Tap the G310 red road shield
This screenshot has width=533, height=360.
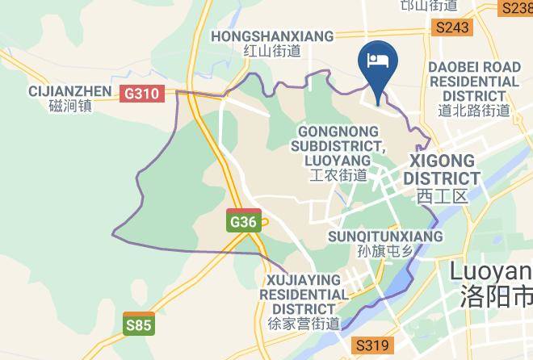tap(141, 94)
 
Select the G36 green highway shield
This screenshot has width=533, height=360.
tap(243, 221)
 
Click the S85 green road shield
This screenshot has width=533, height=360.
tap(138, 324)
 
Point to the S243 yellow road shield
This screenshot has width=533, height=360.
tap(451, 27)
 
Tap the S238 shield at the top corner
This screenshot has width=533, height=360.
tap(517, 7)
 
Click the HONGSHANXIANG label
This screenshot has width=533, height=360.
tap(272, 36)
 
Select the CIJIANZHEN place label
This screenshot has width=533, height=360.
tap(69, 90)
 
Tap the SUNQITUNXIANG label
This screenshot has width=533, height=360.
tap(385, 237)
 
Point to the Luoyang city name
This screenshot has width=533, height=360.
tap(490, 270)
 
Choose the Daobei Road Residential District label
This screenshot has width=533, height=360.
tap(474, 82)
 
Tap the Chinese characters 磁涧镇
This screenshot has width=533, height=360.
tap(70, 106)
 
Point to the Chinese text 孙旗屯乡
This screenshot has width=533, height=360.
tap(384, 251)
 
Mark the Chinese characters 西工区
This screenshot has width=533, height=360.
tap(442, 196)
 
